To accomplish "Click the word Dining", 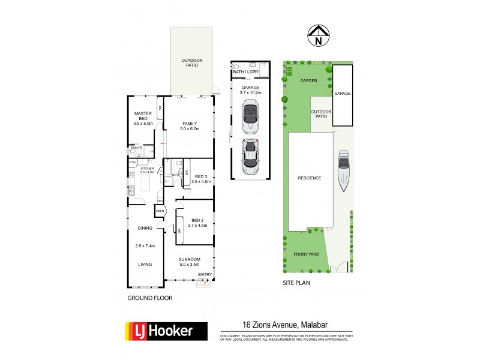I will [145, 228].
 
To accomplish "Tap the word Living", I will [144, 264].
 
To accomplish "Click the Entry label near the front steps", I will [205, 275].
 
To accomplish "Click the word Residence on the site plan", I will [310, 178].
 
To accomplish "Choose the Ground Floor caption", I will [150, 298].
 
